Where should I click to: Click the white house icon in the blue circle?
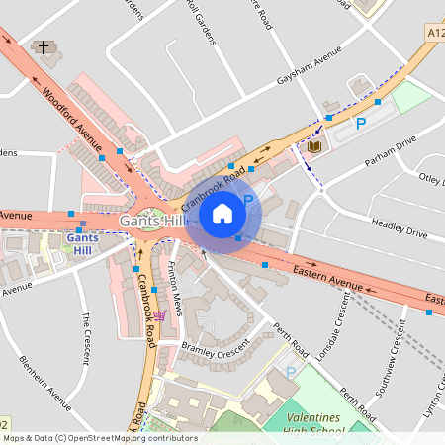coord(222,213)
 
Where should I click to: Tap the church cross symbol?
coord(43,47)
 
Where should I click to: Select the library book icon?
coord(314,147)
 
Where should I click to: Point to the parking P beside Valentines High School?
coord(291,372)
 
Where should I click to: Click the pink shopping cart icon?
coord(160,315)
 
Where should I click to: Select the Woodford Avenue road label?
coord(72,117)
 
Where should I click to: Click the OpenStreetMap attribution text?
coord(100,438)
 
